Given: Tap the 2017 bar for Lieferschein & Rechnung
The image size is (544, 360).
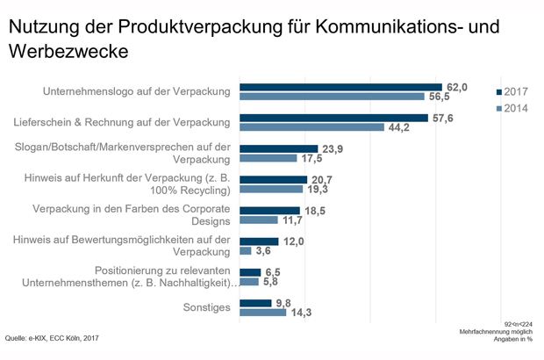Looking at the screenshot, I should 333,118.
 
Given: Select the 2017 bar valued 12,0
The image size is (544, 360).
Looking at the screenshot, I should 259,241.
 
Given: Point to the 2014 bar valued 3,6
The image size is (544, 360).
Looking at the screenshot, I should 245,251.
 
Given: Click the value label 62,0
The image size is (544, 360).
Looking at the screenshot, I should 456,86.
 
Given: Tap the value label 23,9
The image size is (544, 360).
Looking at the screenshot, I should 333,148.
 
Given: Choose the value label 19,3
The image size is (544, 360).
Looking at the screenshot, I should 318,189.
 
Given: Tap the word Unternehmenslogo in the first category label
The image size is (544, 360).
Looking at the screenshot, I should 91,91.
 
